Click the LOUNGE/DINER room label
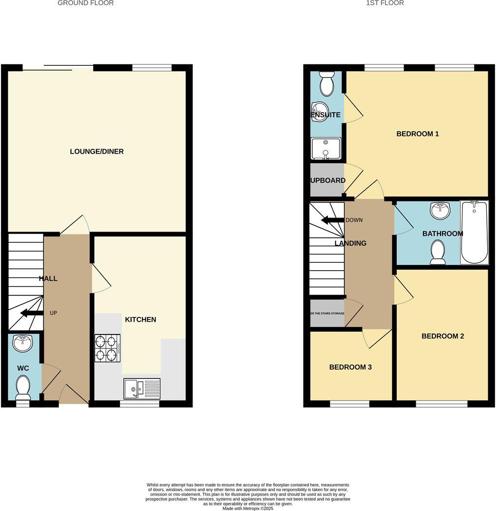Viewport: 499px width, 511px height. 96,152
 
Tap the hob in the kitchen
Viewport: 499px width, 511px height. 107,348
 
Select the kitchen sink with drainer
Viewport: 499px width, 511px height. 142,389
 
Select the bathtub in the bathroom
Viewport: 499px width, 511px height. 474,232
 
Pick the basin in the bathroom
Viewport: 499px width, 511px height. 440,211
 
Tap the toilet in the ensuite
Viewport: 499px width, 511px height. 326,84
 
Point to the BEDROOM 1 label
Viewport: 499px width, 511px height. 418,134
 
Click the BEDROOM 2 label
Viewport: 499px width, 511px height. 442,336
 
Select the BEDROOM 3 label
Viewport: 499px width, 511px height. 350,367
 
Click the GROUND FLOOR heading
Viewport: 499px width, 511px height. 86,3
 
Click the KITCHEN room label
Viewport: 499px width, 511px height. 140,319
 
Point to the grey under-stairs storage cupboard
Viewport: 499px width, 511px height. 327,314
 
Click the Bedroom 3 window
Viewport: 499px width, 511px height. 349,404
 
